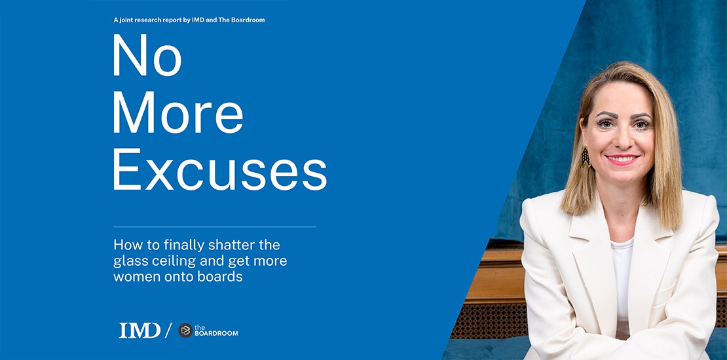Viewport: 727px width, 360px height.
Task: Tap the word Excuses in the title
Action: point(219,169)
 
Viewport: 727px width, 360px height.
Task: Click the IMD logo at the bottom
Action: point(140,331)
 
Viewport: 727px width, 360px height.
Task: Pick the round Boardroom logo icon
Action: point(185,331)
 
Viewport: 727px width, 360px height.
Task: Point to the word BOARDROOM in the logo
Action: point(217,334)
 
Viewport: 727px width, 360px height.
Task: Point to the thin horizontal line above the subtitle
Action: point(215,227)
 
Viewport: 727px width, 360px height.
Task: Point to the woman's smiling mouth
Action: point(624,159)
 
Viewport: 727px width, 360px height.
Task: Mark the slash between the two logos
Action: point(168,331)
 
